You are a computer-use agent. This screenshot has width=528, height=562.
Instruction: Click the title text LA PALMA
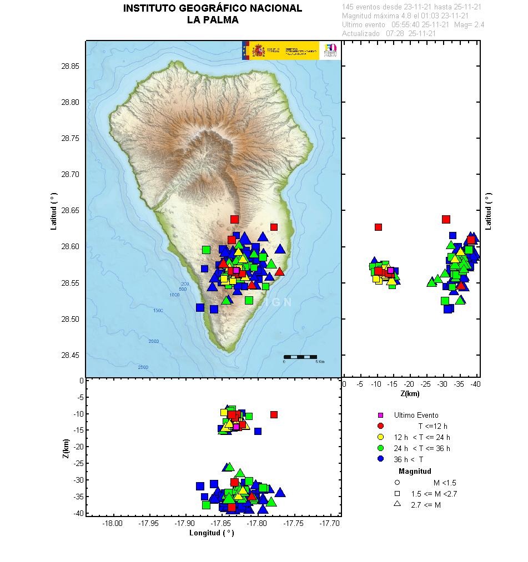click(x=213, y=20)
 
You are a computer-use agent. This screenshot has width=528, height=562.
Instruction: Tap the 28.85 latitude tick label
click(x=71, y=66)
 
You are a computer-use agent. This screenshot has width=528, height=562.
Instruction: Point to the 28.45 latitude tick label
click(x=71, y=355)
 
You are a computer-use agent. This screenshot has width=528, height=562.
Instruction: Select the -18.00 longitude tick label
click(x=113, y=523)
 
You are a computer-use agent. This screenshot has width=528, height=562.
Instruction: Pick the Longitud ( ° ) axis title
click(x=212, y=533)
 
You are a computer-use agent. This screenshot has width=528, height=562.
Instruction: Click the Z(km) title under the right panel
click(x=410, y=394)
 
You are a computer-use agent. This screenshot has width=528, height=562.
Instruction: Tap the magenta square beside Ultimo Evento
click(x=380, y=415)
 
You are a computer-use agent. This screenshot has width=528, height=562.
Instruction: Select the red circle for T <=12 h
click(x=380, y=426)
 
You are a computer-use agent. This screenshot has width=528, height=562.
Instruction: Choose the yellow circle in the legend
click(x=380, y=437)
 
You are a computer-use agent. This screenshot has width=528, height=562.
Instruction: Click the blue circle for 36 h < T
click(x=380, y=459)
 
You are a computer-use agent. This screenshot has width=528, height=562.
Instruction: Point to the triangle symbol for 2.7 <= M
click(x=397, y=504)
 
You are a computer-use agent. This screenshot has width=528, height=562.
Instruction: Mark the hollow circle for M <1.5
click(x=397, y=483)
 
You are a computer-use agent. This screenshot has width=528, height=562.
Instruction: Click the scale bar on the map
click(x=300, y=357)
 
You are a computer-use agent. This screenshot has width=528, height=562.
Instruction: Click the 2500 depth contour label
click(x=143, y=367)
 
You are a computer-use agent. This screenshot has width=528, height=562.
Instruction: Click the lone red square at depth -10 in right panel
click(x=378, y=227)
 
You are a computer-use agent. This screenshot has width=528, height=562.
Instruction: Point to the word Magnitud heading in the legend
click(x=415, y=471)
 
